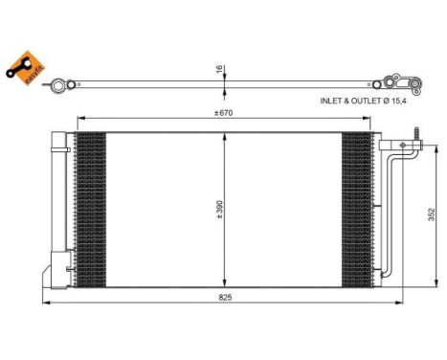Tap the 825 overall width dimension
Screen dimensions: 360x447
coord(224,298)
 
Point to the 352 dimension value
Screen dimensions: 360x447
coord(432,214)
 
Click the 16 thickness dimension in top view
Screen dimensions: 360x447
coord(218,69)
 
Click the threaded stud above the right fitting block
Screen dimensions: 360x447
coord(416,131)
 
